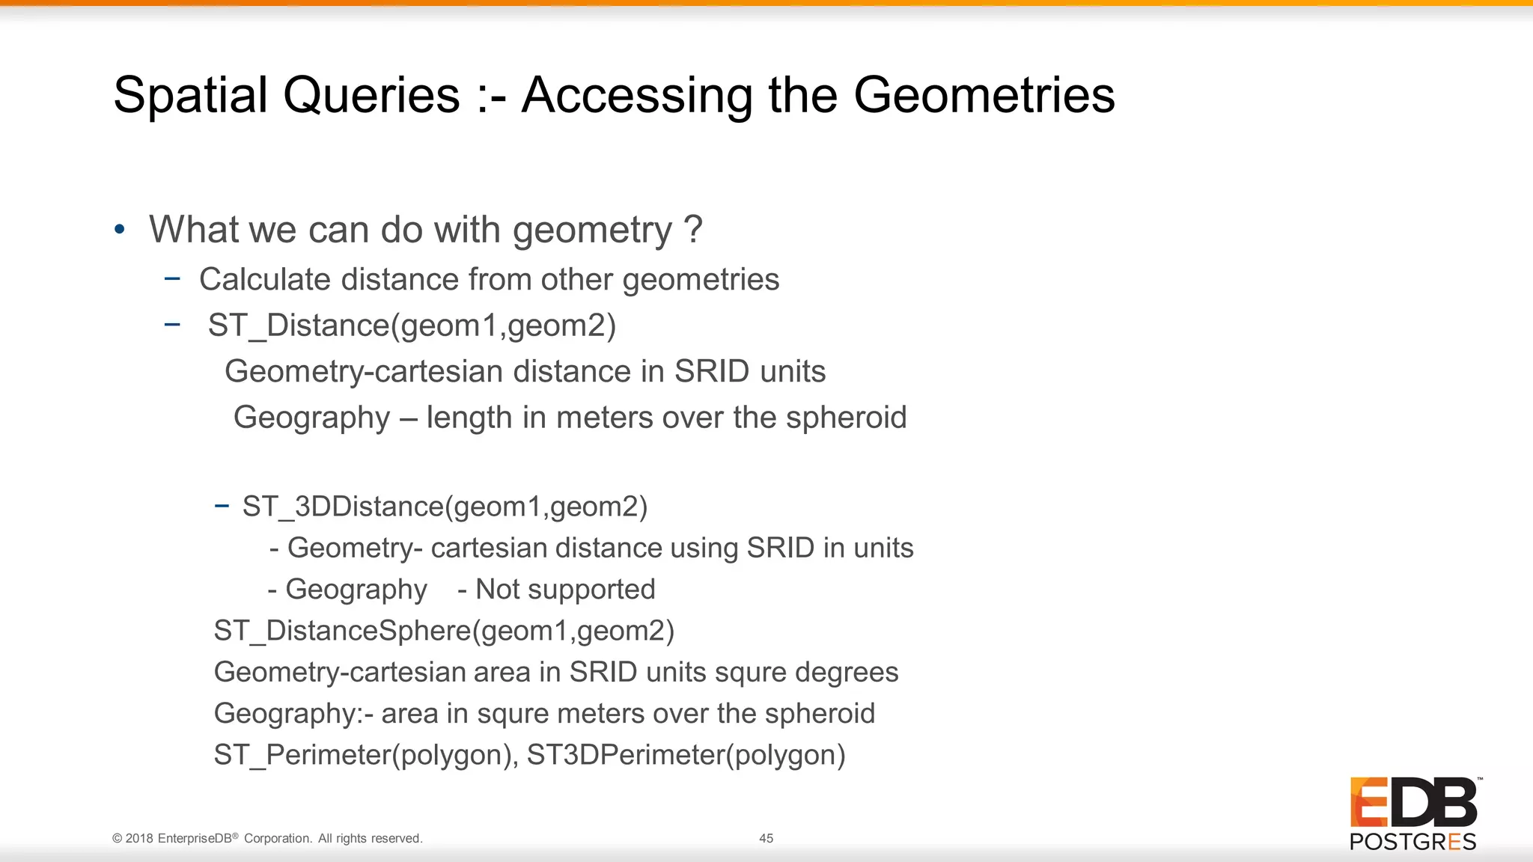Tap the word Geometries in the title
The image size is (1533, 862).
click(x=984, y=96)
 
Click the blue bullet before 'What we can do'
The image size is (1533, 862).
click(x=120, y=230)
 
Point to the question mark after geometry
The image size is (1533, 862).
click(x=693, y=229)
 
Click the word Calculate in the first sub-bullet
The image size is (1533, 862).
click(x=265, y=280)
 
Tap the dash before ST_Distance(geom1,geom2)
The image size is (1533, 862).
click(x=172, y=325)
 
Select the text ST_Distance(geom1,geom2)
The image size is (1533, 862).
click(x=412, y=326)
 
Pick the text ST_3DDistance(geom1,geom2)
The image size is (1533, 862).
click(x=445, y=507)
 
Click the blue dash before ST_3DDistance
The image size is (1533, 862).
click(x=222, y=507)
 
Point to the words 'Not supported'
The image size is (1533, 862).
click(x=565, y=590)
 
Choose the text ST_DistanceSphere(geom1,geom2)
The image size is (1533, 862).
click(x=444, y=631)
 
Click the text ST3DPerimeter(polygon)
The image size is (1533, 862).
click(x=686, y=755)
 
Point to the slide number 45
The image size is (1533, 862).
click(x=766, y=839)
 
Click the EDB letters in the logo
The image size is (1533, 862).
click(x=1413, y=803)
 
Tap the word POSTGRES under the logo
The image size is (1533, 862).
click(x=1412, y=842)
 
